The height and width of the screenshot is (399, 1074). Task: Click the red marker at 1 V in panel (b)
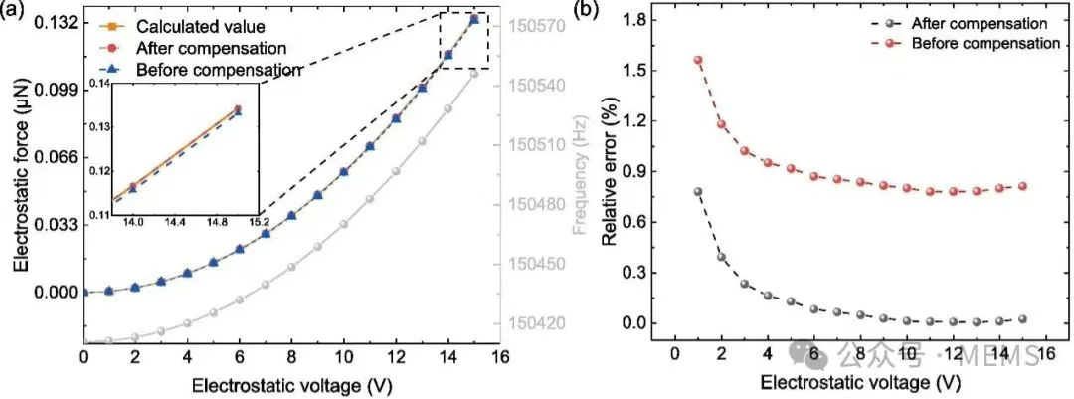698,60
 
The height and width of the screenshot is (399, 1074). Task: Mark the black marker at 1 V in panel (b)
698,191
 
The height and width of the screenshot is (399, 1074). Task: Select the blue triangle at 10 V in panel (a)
344,171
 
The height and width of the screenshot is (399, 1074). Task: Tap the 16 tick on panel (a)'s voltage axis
500,356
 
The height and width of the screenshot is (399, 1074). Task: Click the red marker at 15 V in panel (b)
1022,186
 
